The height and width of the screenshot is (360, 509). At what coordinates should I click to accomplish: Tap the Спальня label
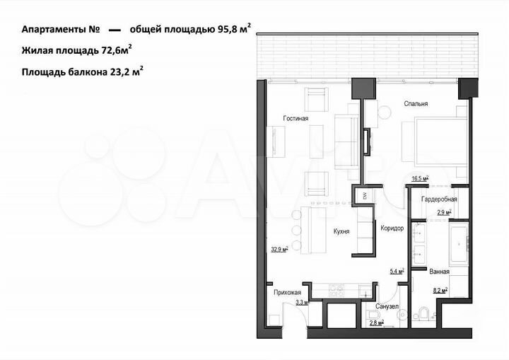tap(416, 104)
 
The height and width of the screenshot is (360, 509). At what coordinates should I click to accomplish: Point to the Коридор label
tap(392, 228)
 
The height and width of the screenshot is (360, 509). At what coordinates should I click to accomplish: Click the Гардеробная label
tap(439, 199)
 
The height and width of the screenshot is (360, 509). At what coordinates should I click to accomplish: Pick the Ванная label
tap(439, 271)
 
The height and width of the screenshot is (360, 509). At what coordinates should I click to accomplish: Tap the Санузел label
tap(387, 307)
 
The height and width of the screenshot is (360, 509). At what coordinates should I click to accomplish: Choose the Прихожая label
tap(288, 292)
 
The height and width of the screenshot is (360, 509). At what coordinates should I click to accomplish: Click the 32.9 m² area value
tap(280, 249)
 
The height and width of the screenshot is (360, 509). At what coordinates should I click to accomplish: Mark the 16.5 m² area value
tap(420, 180)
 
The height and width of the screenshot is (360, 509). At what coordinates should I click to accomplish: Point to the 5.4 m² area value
tap(396, 271)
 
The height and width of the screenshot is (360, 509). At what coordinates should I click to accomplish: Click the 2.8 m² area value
tap(375, 323)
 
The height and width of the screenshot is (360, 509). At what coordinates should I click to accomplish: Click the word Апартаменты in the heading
tap(52, 30)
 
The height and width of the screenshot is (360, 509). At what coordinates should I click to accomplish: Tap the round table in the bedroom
tap(385, 112)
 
